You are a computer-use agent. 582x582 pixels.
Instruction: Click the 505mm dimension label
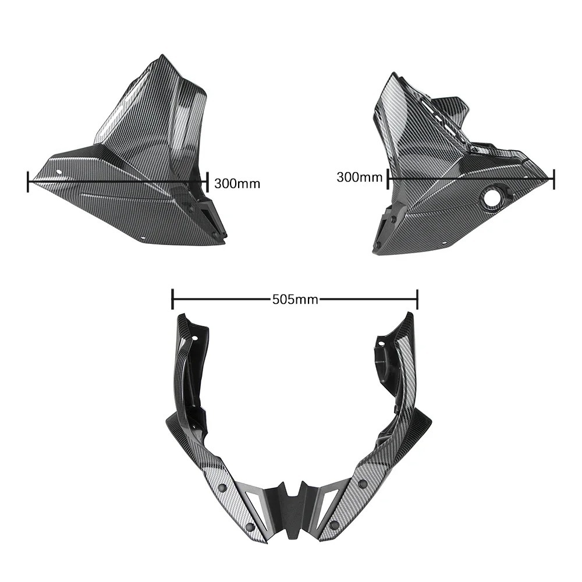coord(295,299)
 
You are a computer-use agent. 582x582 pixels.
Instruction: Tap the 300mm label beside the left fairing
coord(237,183)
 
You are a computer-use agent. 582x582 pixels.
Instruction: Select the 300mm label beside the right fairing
coord(359,178)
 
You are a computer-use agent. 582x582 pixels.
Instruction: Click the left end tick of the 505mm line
coord(172,299)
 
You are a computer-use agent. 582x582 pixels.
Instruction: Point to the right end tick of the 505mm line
coord(417,299)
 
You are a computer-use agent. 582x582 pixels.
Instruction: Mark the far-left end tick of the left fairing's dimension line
coord(28,182)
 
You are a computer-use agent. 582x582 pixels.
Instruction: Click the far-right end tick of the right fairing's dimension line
coord(554,179)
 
